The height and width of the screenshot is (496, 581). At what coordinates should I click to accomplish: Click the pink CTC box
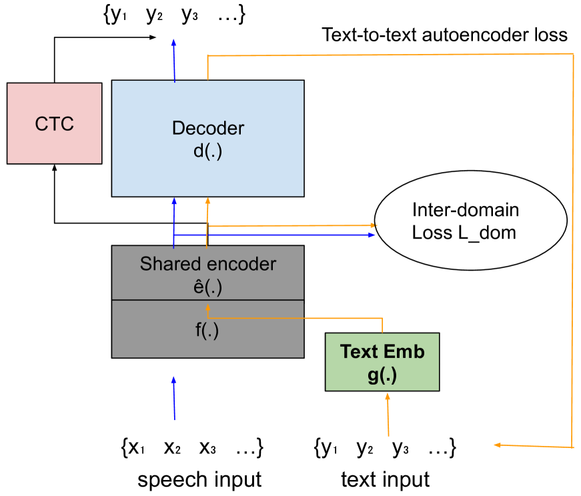click(54, 124)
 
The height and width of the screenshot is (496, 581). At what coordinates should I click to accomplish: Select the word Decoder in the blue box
click(208, 128)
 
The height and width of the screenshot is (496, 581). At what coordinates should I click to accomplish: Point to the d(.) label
click(207, 151)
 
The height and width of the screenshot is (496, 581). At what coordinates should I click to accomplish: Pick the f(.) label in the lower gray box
click(207, 331)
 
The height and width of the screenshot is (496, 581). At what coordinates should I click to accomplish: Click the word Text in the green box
click(360, 351)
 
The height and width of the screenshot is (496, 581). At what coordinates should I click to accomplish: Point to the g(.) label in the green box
click(382, 375)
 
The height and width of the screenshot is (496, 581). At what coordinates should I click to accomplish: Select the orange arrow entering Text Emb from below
click(388, 413)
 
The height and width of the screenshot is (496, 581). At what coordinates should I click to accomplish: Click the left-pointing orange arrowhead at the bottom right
click(497, 445)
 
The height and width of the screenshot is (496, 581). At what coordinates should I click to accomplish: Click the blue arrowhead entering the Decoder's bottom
click(174, 201)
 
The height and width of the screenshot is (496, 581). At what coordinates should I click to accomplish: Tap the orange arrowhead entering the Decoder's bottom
click(207, 201)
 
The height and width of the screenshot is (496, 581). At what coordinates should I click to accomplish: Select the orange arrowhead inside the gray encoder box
click(207, 307)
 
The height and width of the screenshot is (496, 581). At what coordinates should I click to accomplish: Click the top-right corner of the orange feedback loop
click(573, 54)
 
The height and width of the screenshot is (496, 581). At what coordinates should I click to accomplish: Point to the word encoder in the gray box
click(241, 264)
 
